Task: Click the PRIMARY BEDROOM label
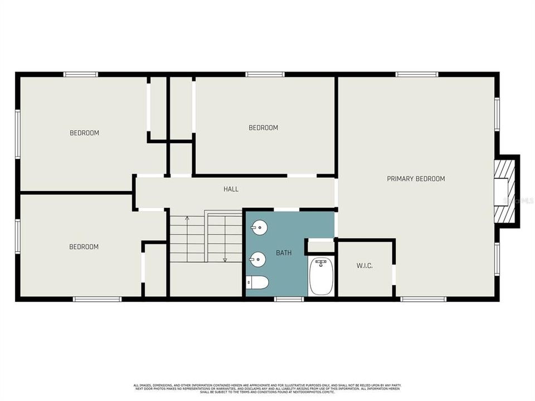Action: [x=416, y=179]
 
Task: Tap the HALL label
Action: [x=231, y=189]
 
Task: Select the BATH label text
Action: [x=284, y=253]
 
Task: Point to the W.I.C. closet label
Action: [x=364, y=266]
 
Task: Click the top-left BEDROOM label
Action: [x=84, y=133]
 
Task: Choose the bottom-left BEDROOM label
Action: [x=84, y=247]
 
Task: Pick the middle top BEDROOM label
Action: [x=263, y=128]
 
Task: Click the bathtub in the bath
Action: [x=320, y=276]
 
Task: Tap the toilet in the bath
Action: [x=258, y=283]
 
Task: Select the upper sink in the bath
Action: [x=258, y=227]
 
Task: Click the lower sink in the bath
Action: [x=258, y=258]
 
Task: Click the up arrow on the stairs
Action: [x=187, y=218]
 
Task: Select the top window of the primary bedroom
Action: [x=416, y=75]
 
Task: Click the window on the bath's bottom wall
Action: [x=289, y=299]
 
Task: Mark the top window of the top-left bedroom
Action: [x=80, y=75]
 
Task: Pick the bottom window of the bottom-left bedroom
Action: [x=97, y=299]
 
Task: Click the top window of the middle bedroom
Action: [x=265, y=75]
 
